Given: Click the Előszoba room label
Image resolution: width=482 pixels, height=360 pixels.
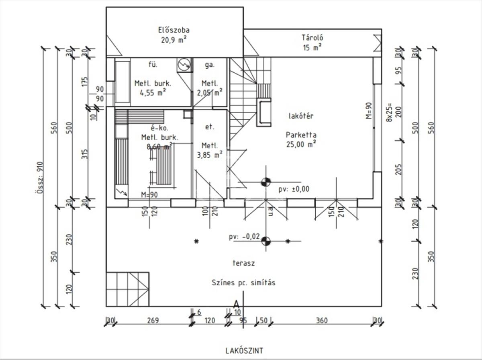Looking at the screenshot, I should [x=174, y=30].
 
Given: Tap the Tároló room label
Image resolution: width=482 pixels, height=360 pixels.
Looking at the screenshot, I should [x=312, y=38].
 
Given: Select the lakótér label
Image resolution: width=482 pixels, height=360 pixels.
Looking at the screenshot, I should [x=301, y=116].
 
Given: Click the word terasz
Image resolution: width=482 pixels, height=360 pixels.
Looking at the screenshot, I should [x=243, y=264].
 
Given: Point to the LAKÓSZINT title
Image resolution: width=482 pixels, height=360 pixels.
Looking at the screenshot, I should [x=244, y=351].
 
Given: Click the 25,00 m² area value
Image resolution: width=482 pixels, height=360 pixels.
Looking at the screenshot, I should [x=301, y=144].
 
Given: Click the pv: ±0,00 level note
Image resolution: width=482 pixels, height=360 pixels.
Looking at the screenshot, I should [x=294, y=189].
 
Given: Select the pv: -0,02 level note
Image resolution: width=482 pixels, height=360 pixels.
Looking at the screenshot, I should [x=244, y=237].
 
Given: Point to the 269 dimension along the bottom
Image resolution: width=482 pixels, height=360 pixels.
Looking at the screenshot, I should [x=153, y=321].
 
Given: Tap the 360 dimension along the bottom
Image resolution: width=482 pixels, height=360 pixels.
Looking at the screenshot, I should [x=322, y=321].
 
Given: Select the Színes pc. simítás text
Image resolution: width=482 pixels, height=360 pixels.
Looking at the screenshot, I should [x=243, y=282].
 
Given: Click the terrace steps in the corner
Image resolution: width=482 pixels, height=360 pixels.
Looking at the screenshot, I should [x=128, y=289].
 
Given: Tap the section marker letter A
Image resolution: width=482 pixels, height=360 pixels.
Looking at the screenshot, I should [x=237, y=304].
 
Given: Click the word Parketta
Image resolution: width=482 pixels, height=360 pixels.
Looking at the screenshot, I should [x=301, y=135].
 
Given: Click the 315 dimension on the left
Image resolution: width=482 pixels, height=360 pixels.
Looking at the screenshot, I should [x=85, y=154].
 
